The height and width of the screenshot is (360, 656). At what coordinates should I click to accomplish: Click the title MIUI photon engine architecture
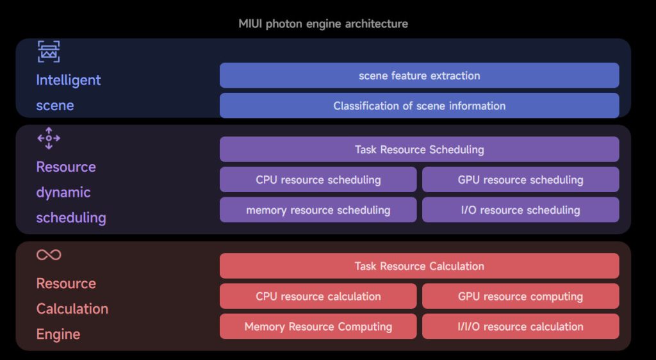point(323,24)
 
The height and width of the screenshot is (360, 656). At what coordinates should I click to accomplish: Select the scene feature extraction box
point(419,76)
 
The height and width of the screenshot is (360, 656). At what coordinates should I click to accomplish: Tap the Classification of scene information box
point(419,106)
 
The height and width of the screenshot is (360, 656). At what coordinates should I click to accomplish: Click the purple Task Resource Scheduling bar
point(419,150)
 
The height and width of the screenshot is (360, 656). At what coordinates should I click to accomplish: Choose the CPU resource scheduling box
point(318,180)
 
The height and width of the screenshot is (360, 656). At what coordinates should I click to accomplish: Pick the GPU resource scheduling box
point(520,180)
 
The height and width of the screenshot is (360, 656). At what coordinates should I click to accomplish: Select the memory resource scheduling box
point(318,210)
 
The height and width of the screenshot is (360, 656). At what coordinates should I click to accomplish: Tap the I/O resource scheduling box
point(520,210)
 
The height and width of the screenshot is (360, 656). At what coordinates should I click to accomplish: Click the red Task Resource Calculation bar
point(419,266)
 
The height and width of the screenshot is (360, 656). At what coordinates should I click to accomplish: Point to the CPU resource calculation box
point(318,297)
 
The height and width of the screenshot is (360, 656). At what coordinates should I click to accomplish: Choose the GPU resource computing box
point(520,297)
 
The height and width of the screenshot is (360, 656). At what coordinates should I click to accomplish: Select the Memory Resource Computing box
point(318,327)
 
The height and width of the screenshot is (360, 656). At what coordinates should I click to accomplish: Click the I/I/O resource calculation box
point(520,327)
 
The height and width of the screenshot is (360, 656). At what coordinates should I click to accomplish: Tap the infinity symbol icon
point(49,255)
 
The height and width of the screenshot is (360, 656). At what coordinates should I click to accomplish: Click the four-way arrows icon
point(49,138)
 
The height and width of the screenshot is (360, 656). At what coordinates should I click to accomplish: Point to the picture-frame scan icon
point(49,52)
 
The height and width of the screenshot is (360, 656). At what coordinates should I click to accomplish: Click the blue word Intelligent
point(69,80)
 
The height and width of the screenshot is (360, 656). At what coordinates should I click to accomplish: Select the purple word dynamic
point(63,192)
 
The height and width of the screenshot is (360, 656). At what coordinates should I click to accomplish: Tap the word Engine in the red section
point(58,334)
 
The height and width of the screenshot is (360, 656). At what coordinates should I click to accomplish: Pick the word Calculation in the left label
point(72,309)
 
